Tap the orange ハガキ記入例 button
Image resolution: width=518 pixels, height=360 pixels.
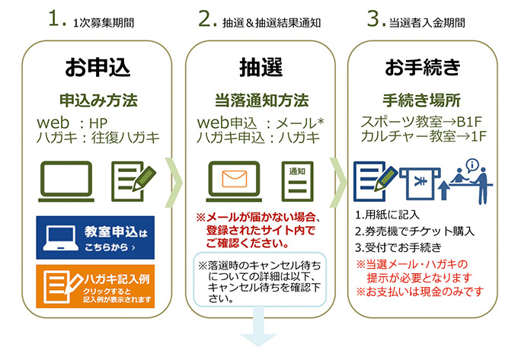(95, 285)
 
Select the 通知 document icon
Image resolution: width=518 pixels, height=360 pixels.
(298, 181)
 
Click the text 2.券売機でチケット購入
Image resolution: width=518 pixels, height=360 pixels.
(415, 231)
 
